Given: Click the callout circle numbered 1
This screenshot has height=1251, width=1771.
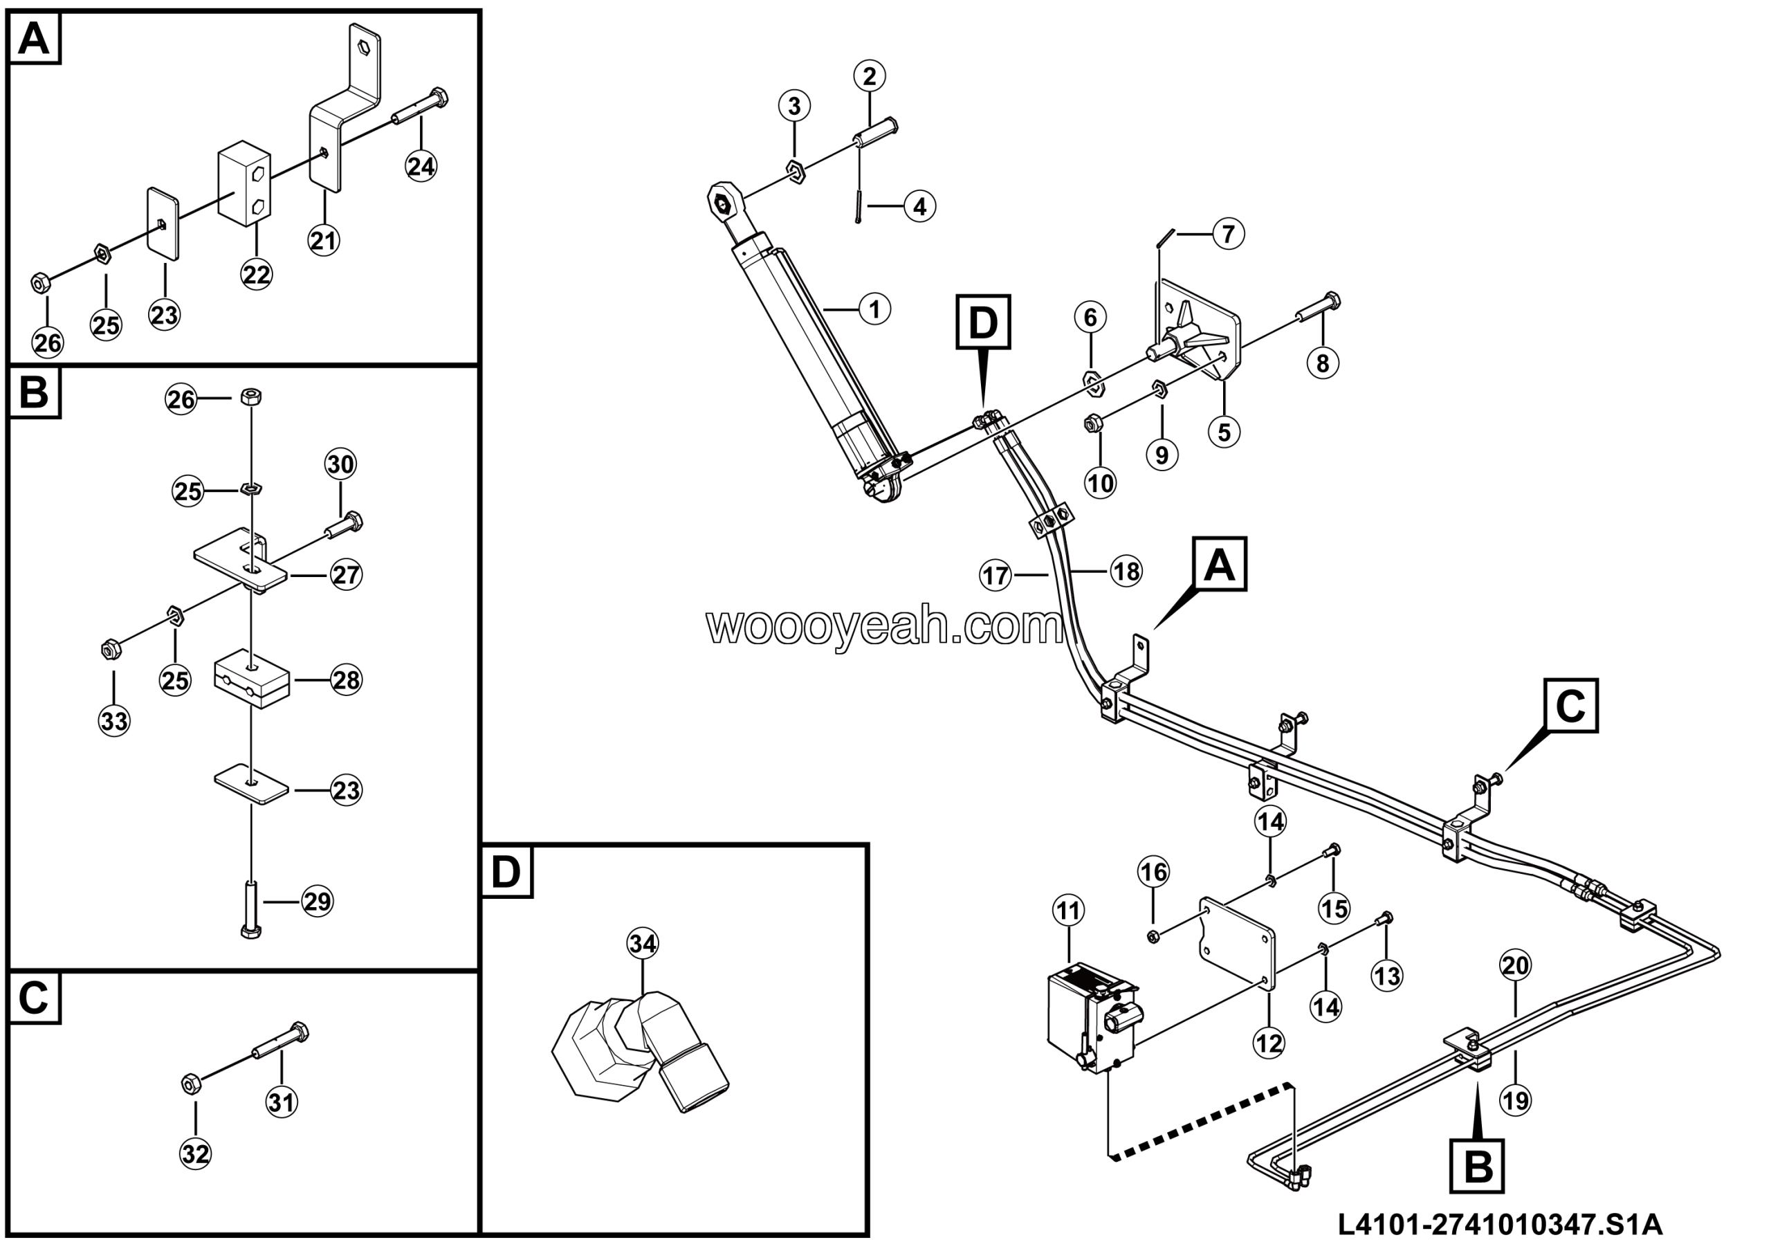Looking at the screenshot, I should point(874,309).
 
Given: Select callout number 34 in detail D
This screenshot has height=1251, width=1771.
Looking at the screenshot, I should point(643,943).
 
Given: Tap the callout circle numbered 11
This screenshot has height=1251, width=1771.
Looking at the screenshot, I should point(1068,911).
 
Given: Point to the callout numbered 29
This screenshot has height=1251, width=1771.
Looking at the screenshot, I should point(317,902).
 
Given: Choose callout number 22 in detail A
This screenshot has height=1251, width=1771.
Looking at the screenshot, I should point(256,274).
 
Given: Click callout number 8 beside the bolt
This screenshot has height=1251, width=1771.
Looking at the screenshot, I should point(1322,363).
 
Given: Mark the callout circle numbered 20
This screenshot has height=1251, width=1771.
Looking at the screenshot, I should point(1515,965).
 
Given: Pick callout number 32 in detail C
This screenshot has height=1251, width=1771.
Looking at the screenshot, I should point(195,1154).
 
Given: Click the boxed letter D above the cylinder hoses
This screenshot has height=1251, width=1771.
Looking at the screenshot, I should point(982,322).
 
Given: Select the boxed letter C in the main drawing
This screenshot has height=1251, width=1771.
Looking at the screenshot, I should point(1570,706).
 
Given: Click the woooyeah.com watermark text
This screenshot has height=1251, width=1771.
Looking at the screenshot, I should point(885,626).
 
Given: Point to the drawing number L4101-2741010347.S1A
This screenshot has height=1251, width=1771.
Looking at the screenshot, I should point(1500,1224).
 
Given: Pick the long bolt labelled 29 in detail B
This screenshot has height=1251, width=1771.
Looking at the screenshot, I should point(250,910).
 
